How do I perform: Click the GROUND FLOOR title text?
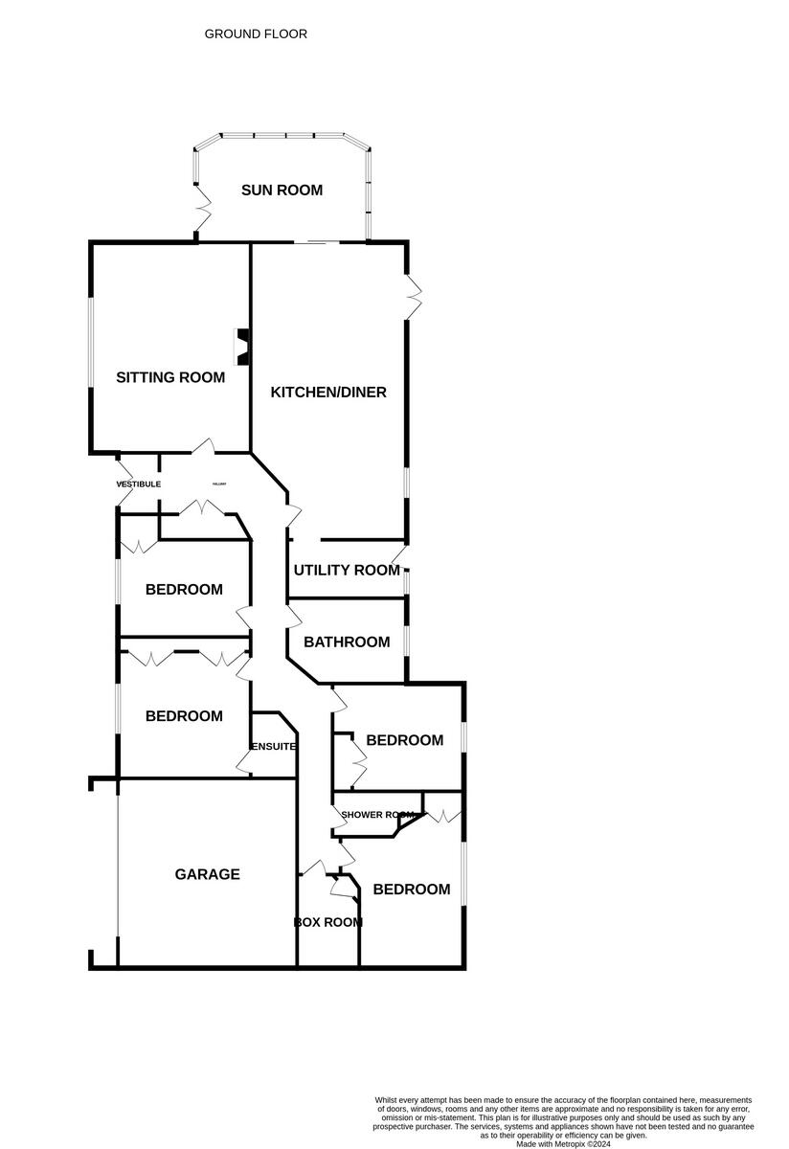point(256,34)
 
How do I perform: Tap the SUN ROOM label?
point(282,190)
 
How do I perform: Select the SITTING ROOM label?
point(170,377)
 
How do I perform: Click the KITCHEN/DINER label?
point(328,392)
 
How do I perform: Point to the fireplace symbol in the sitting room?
point(243,347)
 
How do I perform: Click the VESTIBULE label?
point(138,484)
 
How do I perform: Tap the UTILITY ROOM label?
point(347,570)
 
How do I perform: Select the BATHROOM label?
point(347,642)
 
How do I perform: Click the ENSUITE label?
point(273,746)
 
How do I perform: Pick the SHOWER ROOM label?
point(376,815)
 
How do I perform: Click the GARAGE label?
point(207,874)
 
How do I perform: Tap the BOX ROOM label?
point(327,923)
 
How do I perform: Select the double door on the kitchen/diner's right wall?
point(414,298)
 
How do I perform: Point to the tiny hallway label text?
point(219,484)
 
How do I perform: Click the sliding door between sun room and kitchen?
point(316,242)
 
